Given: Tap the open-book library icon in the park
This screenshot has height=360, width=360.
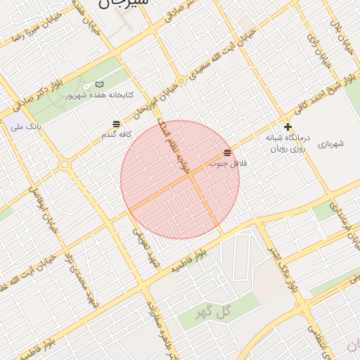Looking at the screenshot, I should [x=99, y=84].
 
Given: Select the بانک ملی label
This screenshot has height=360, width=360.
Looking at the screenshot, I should [x=27, y=128].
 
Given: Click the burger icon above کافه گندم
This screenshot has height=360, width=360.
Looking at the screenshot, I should [x=116, y=124].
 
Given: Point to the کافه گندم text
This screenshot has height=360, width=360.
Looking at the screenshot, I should [x=117, y=134].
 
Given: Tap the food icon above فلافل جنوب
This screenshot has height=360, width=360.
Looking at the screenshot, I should [x=227, y=153].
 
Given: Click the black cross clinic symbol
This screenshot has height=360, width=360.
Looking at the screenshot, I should [x=287, y=127].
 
